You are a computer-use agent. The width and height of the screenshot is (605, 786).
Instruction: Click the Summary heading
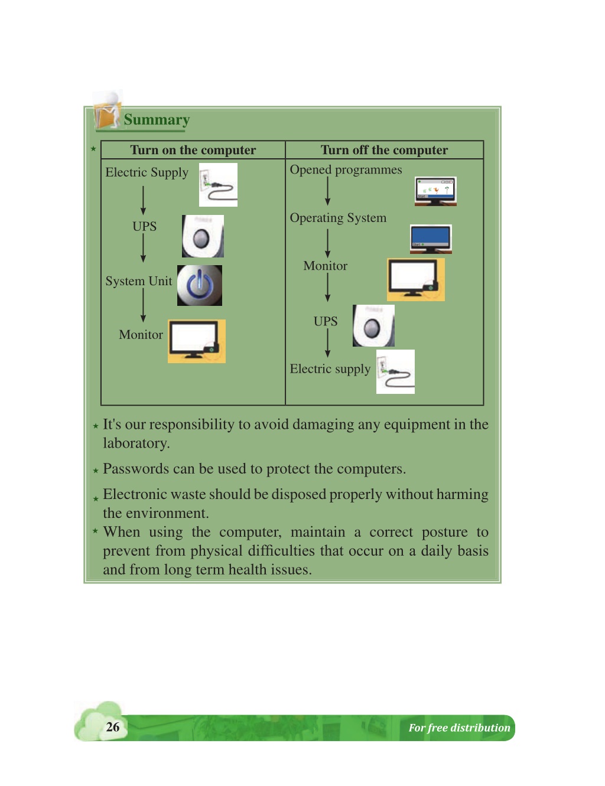(157, 120)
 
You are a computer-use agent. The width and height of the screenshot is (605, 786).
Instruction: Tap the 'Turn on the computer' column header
(193, 150)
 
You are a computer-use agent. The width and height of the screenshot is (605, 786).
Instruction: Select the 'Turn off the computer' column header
(384, 150)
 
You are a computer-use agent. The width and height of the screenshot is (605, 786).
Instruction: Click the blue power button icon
(199, 285)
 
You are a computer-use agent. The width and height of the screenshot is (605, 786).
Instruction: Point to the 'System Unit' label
(139, 281)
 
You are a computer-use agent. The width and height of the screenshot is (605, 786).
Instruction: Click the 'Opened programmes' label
(346, 170)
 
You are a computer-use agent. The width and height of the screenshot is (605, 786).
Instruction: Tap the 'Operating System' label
(338, 218)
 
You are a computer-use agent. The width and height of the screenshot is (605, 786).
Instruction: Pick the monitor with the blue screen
(431, 239)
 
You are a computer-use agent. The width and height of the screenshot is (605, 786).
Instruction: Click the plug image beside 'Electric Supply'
(218, 185)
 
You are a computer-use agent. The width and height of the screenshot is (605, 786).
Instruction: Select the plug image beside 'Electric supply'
(395, 371)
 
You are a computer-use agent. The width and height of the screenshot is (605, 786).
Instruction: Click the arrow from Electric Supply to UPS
(143, 200)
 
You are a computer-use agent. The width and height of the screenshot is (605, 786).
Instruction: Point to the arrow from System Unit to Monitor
(143, 305)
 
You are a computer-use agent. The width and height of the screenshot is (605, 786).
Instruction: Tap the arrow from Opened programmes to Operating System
(327, 191)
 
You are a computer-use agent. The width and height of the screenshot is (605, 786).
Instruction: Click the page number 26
(112, 727)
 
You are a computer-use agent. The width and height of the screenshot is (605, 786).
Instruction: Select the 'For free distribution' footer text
(459, 728)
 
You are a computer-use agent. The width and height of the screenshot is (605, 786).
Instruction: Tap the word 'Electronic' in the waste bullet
(133, 494)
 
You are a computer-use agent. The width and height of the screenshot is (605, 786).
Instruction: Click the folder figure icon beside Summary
(108, 110)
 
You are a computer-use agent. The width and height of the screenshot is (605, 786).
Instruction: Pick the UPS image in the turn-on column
(203, 236)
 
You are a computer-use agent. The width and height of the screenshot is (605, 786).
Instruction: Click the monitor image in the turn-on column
(197, 341)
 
